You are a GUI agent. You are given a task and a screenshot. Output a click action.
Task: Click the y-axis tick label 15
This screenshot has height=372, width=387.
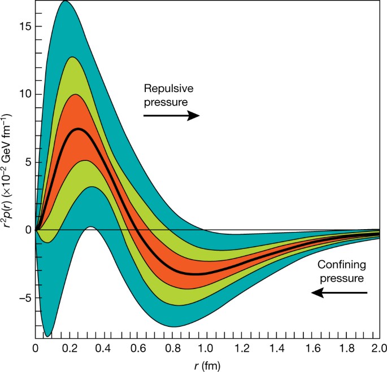click(23, 27)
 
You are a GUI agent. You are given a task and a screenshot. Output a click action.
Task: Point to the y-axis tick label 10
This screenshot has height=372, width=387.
click(23, 94)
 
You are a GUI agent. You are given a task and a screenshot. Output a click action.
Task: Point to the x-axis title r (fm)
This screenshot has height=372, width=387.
click(207, 364)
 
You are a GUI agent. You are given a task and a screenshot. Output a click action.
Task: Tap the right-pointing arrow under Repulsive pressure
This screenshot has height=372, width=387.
click(171, 115)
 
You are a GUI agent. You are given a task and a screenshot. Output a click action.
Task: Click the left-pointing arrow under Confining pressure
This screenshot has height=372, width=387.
click(339, 292)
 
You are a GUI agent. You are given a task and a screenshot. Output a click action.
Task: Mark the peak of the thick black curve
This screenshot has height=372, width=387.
click(79, 129)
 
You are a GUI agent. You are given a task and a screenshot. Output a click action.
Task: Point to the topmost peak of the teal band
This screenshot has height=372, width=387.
click(65, 1)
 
